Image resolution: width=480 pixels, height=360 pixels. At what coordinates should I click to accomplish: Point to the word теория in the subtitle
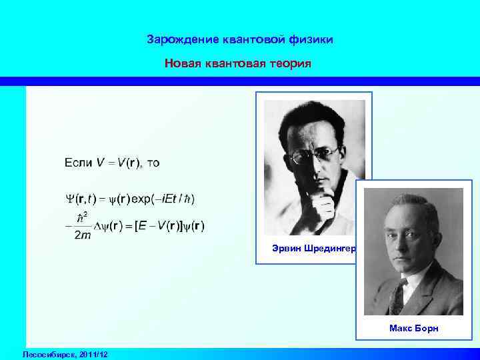291,64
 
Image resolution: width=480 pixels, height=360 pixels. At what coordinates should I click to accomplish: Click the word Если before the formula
79,162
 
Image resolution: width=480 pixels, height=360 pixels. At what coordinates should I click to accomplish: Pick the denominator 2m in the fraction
84,236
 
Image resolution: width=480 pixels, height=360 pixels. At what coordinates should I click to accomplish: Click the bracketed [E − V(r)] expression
162,226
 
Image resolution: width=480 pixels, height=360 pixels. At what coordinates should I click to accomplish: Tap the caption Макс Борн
414,329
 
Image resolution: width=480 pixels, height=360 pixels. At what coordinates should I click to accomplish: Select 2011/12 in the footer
93,353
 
